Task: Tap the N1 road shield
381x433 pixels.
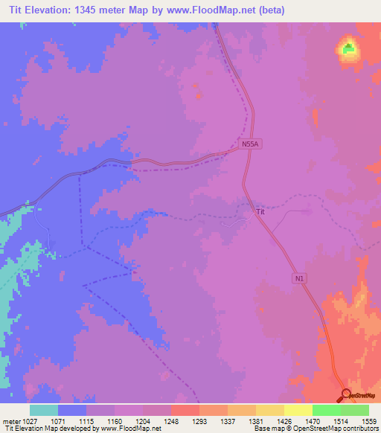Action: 299,278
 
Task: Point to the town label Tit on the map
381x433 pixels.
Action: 260,211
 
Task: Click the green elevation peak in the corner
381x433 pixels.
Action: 348,50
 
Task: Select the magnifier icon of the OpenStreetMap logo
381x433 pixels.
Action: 345,394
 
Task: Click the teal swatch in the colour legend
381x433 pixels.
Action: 44,410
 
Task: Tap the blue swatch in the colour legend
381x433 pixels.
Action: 72,410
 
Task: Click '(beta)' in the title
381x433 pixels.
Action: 272,10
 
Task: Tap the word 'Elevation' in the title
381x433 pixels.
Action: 44,10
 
